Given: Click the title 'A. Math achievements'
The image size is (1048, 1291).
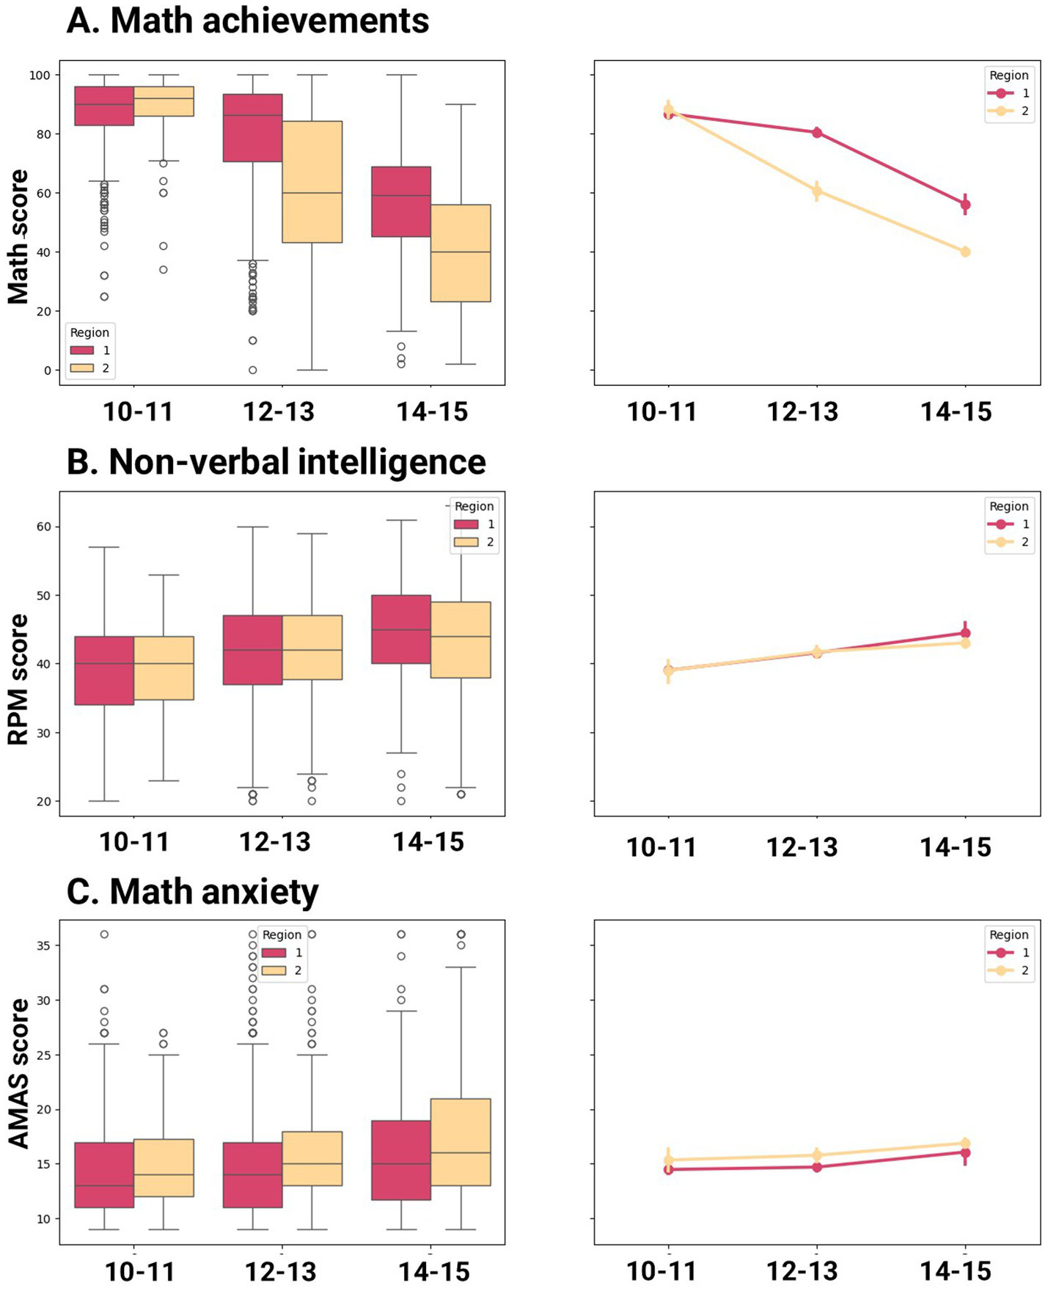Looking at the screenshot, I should click(247, 21).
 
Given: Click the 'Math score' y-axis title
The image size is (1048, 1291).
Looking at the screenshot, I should click(18, 236).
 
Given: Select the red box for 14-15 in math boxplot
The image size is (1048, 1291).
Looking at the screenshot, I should click(401, 202).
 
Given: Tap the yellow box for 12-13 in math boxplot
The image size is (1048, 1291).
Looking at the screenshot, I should click(312, 182).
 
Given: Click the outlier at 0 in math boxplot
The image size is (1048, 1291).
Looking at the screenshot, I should click(252, 370).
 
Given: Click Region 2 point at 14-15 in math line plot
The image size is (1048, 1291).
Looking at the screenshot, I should click(965, 252).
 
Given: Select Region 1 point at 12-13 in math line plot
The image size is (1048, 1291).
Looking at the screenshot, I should click(817, 133).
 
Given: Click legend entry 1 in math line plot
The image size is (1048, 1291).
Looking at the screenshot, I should click(1009, 93).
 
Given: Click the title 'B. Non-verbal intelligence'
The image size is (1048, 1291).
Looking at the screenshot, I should click(276, 462).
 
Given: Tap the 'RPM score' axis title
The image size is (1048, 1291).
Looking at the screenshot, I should click(18, 679).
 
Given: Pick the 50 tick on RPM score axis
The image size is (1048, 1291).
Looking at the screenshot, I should click(45, 596).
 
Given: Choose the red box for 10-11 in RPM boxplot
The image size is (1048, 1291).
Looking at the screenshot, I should click(104, 670).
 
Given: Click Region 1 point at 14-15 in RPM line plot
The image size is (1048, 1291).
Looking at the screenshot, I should click(965, 633).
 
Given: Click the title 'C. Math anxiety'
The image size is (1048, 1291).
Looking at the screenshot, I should click(192, 892).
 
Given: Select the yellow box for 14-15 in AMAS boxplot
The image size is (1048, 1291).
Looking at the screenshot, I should click(461, 1142).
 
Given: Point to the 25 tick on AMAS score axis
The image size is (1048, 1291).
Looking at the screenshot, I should click(45, 1055).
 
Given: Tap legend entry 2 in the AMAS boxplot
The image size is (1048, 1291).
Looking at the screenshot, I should click(282, 970).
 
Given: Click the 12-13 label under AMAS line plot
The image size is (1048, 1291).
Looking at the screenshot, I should click(802, 1270).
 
